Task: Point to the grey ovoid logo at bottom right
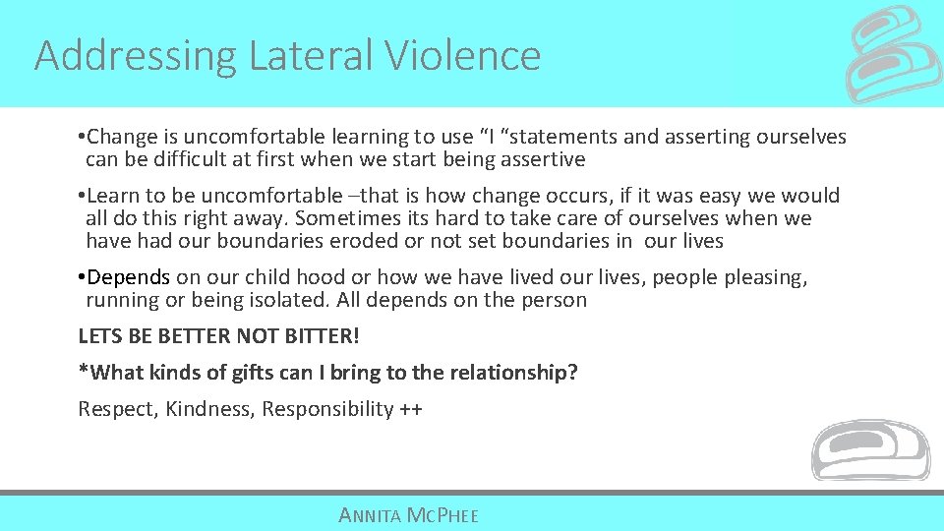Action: click(870, 450)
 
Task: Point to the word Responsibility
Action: click(327, 409)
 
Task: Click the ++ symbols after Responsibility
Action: click(411, 409)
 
